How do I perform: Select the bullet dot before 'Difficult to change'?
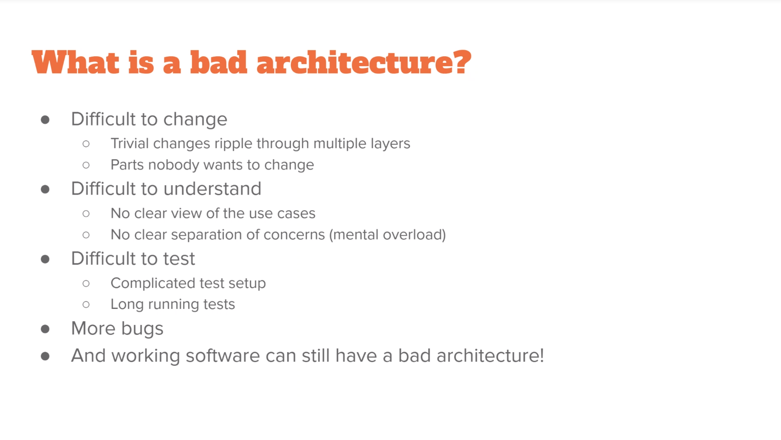tap(45, 120)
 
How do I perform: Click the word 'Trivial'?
tap(130, 143)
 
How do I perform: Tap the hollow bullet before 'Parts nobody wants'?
tap(86, 165)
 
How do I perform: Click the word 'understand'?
tap(213, 189)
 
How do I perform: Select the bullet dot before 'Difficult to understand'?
tap(45, 190)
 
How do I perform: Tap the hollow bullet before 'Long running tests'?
tap(86, 304)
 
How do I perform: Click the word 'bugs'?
tap(142, 329)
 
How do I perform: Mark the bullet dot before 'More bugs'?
tap(45, 329)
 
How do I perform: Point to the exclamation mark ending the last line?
tap(542, 355)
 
